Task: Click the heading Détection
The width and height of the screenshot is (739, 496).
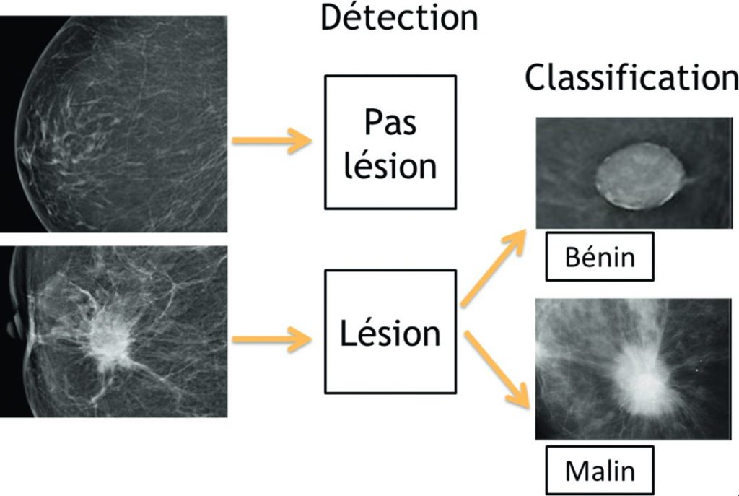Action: coord(398,17)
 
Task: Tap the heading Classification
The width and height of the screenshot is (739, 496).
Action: coord(631,77)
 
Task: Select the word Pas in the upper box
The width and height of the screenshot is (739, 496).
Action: coord(390,123)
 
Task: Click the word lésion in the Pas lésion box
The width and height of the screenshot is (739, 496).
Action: coord(390,166)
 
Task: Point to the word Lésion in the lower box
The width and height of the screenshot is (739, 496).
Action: coord(390,334)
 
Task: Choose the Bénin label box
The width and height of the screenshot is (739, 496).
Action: coord(599,256)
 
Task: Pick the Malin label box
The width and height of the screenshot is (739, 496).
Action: coord(599,471)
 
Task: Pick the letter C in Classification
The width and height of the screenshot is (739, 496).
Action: coord(537,77)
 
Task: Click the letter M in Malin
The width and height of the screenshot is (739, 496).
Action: coord(576,471)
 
